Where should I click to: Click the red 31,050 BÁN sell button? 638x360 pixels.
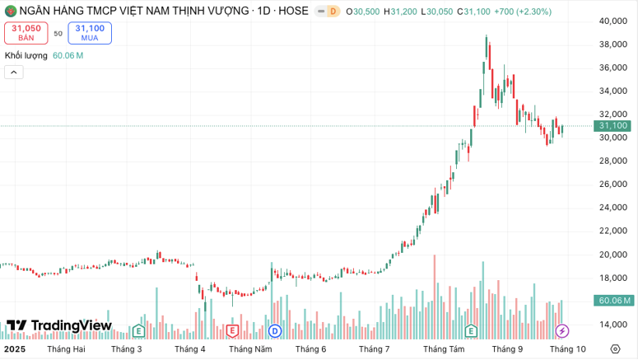point(26,33)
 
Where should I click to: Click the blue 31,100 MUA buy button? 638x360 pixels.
point(90,33)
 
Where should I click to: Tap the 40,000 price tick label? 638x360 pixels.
point(613,21)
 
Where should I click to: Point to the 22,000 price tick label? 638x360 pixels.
point(613,231)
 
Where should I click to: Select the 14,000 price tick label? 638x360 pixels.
point(613,325)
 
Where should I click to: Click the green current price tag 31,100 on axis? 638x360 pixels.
point(613,126)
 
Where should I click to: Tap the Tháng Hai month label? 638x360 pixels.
point(67,349)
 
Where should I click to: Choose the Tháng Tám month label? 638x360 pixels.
point(444,349)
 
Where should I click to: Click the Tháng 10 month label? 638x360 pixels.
point(568,349)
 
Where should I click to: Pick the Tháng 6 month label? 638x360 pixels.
point(310,349)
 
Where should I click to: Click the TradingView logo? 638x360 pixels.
point(58,325)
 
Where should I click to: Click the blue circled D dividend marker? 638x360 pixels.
point(275,330)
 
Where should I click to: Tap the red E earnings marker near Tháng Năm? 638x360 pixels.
point(232,330)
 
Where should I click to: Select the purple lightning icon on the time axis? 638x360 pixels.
point(562,331)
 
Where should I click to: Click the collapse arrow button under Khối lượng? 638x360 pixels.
point(14,72)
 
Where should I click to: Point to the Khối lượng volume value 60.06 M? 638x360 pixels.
point(68,56)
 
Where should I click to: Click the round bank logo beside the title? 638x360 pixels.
point(10,12)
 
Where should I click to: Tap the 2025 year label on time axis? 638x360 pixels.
point(14,349)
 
